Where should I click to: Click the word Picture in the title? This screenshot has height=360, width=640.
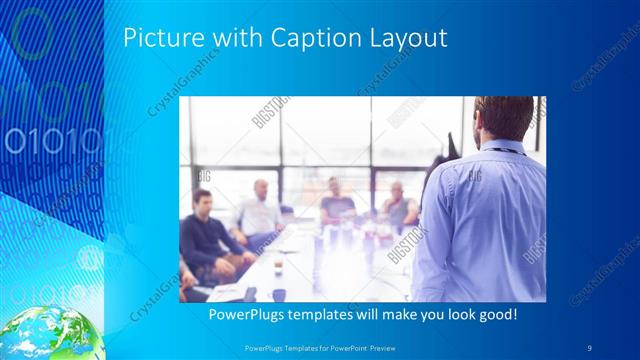(x=157, y=38)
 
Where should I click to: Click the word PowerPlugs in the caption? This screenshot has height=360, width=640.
(x=245, y=315)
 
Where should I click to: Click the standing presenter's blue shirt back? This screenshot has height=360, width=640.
(x=485, y=220)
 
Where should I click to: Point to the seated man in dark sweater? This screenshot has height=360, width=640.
(x=206, y=235)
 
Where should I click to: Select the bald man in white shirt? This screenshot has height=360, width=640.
(x=260, y=210)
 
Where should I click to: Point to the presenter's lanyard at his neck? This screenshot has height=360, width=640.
(x=500, y=149)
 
